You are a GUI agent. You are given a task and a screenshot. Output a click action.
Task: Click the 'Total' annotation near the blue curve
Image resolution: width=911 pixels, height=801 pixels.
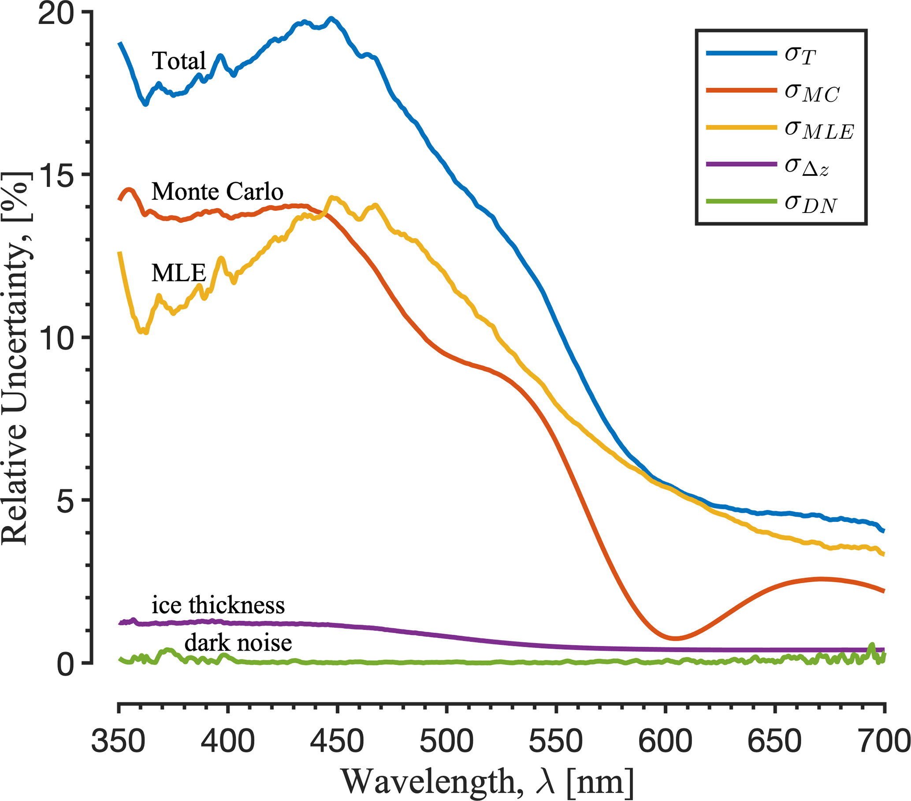click(x=179, y=61)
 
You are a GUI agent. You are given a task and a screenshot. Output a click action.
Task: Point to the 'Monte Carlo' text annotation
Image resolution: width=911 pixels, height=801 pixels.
click(x=217, y=192)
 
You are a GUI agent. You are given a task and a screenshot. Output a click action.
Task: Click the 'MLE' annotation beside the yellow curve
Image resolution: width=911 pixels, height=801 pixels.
click(x=179, y=272)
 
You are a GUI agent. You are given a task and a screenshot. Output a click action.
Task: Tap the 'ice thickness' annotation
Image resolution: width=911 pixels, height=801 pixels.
click(x=218, y=605)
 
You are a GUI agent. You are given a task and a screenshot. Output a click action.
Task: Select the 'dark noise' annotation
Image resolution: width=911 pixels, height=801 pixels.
click(x=238, y=643)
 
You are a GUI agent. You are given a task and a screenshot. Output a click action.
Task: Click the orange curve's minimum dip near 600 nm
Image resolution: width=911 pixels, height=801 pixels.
click(x=676, y=638)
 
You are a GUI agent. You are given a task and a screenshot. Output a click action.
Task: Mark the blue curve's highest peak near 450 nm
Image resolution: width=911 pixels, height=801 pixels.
click(x=331, y=19)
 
